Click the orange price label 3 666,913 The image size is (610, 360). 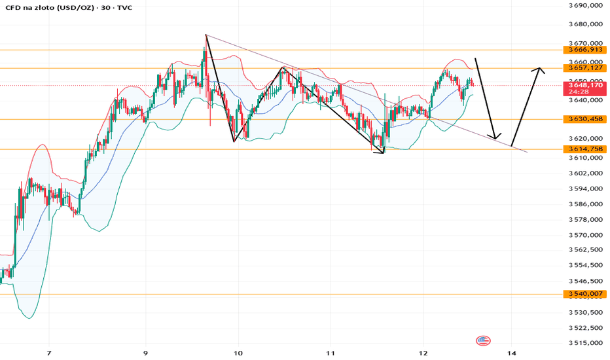click(584, 50)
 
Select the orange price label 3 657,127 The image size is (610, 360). click(584, 68)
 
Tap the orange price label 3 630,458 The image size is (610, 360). click(584, 119)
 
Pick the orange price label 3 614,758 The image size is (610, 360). click(584, 149)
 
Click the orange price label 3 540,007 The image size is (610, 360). click(584, 294)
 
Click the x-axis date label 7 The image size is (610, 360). click(49, 353)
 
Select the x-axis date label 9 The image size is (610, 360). click(145, 353)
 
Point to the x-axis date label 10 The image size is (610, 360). click(238, 353)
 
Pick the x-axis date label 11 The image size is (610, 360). click(331, 353)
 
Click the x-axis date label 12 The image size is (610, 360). click(423, 353)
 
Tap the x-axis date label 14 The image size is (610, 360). click(512, 353)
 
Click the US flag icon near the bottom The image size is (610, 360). click(483, 340)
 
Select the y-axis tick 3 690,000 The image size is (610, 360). click(586, 5)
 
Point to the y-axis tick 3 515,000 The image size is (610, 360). click(586, 343)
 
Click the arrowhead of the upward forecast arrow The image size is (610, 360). click(539, 69)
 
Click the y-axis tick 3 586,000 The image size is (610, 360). click(586, 204)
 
